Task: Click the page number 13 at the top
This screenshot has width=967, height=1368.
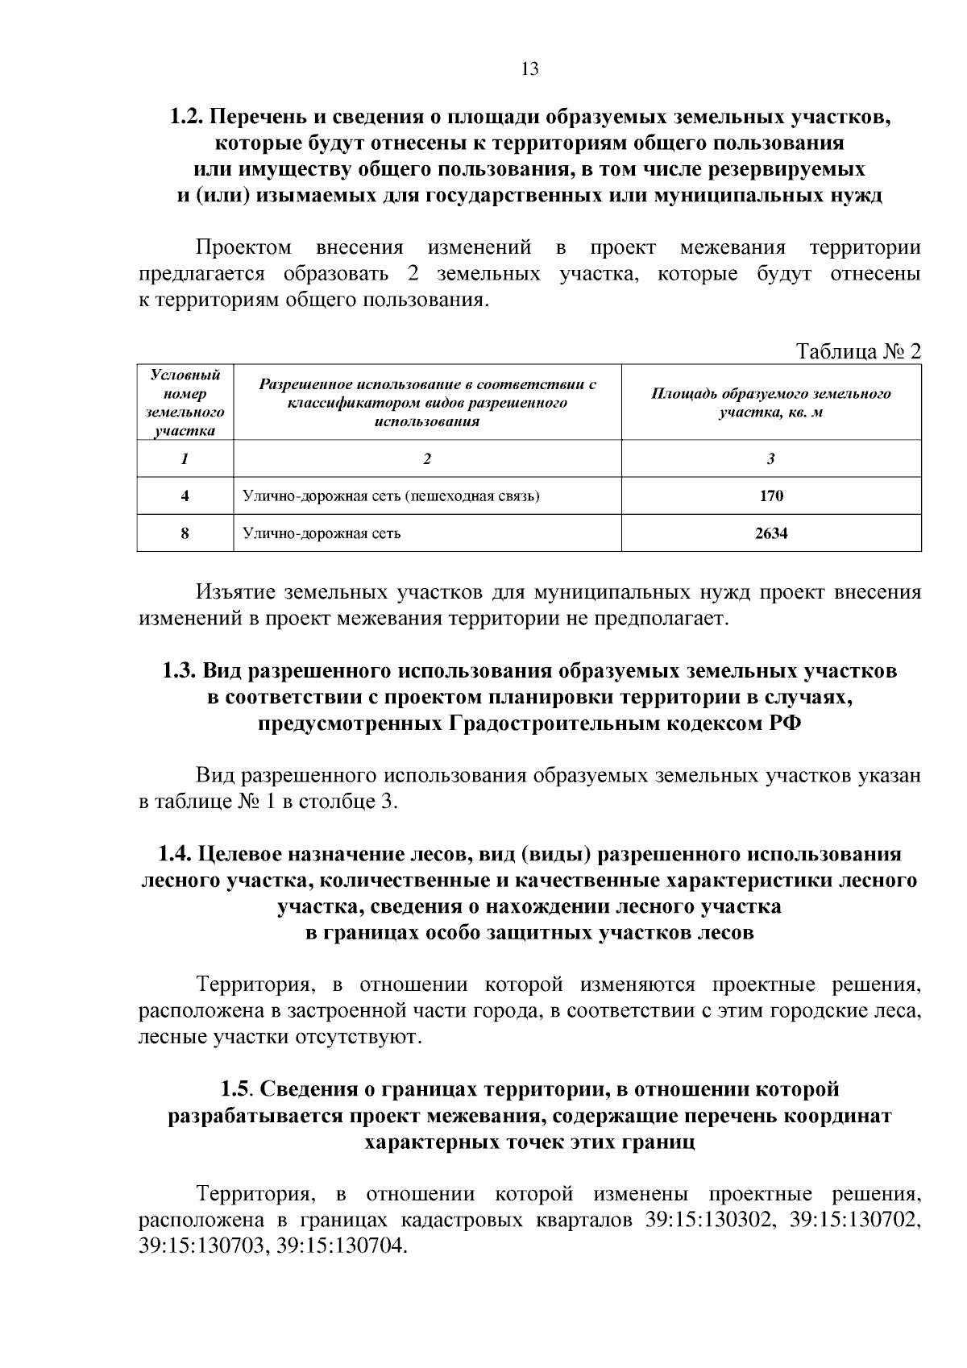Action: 529,68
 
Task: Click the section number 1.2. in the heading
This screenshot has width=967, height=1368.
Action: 188,117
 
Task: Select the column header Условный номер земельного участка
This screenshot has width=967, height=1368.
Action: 185,402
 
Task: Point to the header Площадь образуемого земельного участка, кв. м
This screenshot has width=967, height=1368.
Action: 770,402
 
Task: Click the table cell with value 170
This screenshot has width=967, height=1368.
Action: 770,495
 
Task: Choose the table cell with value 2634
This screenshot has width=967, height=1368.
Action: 770,533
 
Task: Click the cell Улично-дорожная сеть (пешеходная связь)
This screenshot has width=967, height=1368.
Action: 391,495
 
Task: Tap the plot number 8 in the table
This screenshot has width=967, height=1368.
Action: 185,533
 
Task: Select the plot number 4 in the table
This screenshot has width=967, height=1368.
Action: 185,495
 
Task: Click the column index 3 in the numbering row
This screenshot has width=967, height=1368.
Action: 770,458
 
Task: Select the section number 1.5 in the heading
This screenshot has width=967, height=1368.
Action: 237,1089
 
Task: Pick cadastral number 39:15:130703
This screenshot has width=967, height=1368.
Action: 203,1246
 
